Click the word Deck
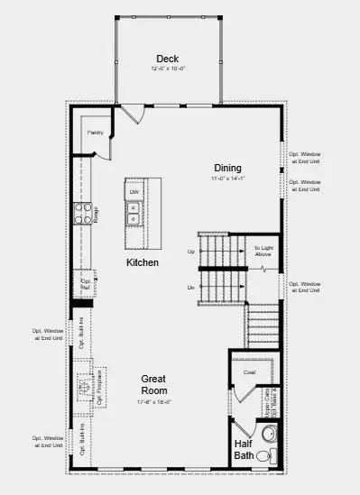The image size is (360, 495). [x=167, y=59]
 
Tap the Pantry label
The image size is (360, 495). [x=96, y=133]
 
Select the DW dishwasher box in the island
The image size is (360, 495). [x=134, y=192]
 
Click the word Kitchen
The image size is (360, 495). [x=143, y=262]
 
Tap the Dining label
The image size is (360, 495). [x=227, y=168]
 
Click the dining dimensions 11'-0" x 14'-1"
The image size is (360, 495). [x=227, y=179]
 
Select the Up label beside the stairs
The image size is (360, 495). [x=190, y=252]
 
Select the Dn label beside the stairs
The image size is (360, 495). [x=190, y=287]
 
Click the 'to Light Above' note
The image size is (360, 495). [x=263, y=251]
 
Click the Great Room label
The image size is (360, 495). [x=153, y=385]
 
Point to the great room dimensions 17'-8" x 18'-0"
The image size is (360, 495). [x=153, y=402]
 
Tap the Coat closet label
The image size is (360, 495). [x=249, y=371]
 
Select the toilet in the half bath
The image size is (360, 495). [x=264, y=456]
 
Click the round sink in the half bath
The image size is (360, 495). [x=267, y=433]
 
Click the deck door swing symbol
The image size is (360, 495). [x=132, y=115]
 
